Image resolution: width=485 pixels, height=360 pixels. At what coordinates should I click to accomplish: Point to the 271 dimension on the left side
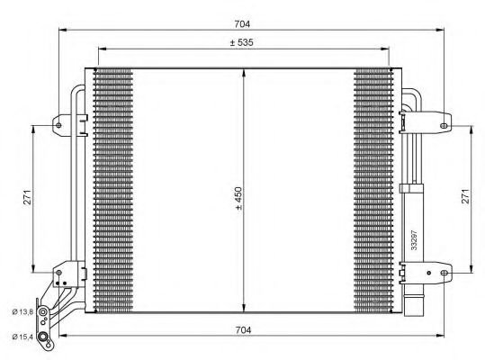[27, 198]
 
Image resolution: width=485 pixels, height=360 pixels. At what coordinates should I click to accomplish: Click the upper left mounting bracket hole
[59, 123]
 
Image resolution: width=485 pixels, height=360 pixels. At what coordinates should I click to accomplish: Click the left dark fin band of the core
[112, 189]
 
